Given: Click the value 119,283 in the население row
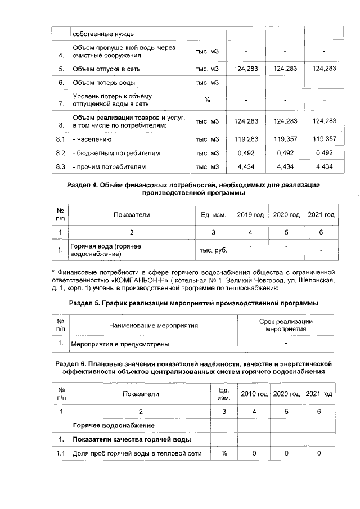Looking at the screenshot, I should click(x=246, y=138).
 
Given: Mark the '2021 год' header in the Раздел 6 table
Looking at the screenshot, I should click(x=319, y=393).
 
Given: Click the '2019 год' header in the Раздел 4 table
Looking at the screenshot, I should click(x=250, y=215).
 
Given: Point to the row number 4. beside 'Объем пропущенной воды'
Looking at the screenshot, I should click(x=61, y=56).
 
